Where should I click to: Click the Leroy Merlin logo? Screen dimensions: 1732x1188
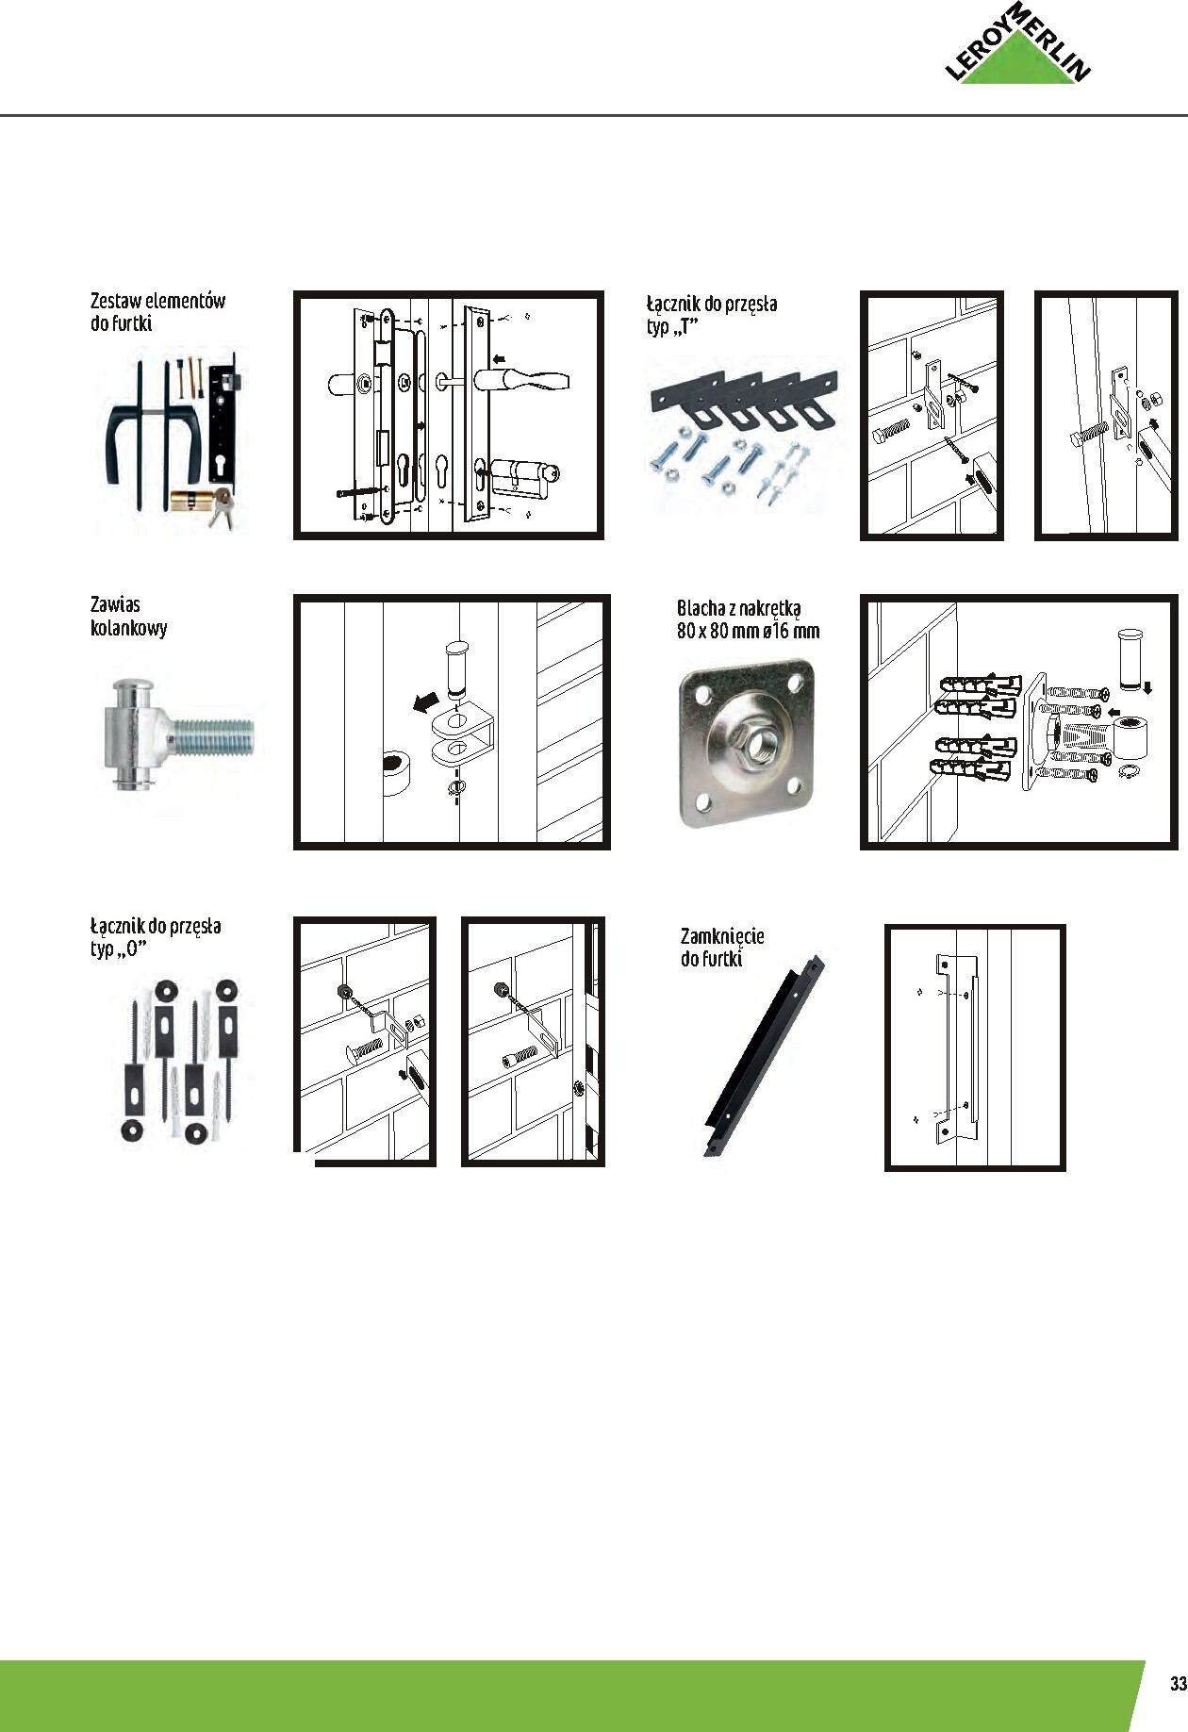pyautogui.click(x=1018, y=47)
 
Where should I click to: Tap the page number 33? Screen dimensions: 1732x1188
pyautogui.click(x=1177, y=1684)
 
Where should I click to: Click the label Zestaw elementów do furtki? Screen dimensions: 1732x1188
pyautogui.click(x=157, y=312)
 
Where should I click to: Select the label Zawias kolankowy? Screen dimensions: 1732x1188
pyautogui.click(x=128, y=617)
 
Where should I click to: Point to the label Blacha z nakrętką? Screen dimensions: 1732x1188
pyautogui.click(x=738, y=608)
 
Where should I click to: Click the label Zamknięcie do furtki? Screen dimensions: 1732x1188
pyautogui.click(x=721, y=947)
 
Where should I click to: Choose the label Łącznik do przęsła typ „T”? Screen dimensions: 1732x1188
pyautogui.click(x=711, y=315)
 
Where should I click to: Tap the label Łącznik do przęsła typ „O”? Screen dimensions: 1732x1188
pyautogui.click(x=156, y=936)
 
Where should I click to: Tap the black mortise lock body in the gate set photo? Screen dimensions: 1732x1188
pyautogui.click(x=224, y=425)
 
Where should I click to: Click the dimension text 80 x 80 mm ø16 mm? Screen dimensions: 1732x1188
pyautogui.click(x=748, y=632)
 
